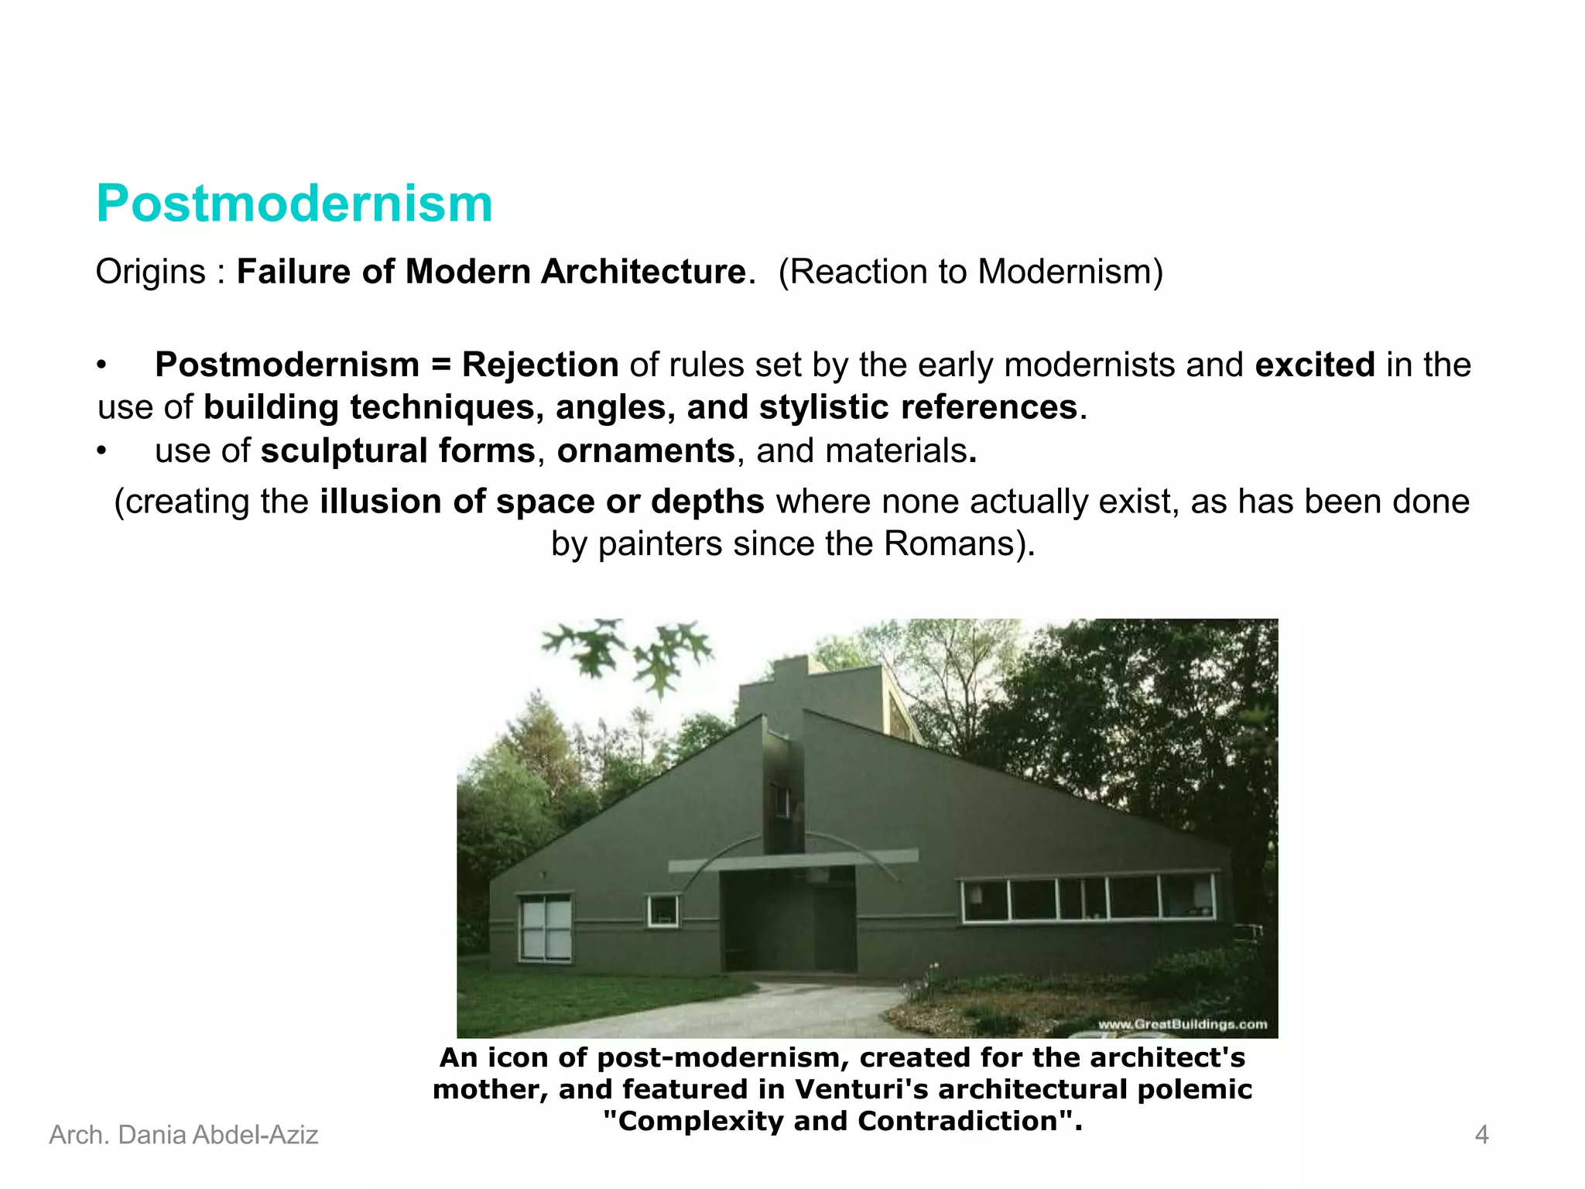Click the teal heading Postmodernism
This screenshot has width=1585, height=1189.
(294, 204)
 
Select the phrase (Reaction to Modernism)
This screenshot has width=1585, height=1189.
(971, 272)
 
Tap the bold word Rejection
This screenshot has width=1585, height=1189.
(539, 365)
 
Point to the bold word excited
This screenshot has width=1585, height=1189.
(1314, 365)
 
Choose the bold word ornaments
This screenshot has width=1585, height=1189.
(645, 451)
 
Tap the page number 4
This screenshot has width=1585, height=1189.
(1481, 1136)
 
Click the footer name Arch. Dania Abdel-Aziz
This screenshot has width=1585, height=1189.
(183, 1136)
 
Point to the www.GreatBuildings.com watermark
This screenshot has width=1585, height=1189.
(1182, 1025)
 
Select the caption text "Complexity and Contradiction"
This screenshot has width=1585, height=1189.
(842, 1122)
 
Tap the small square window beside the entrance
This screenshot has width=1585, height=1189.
(662, 911)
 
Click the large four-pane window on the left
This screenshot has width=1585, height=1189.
(546, 927)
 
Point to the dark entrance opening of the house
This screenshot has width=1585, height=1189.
(788, 921)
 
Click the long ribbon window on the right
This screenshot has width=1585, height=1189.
(1087, 898)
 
